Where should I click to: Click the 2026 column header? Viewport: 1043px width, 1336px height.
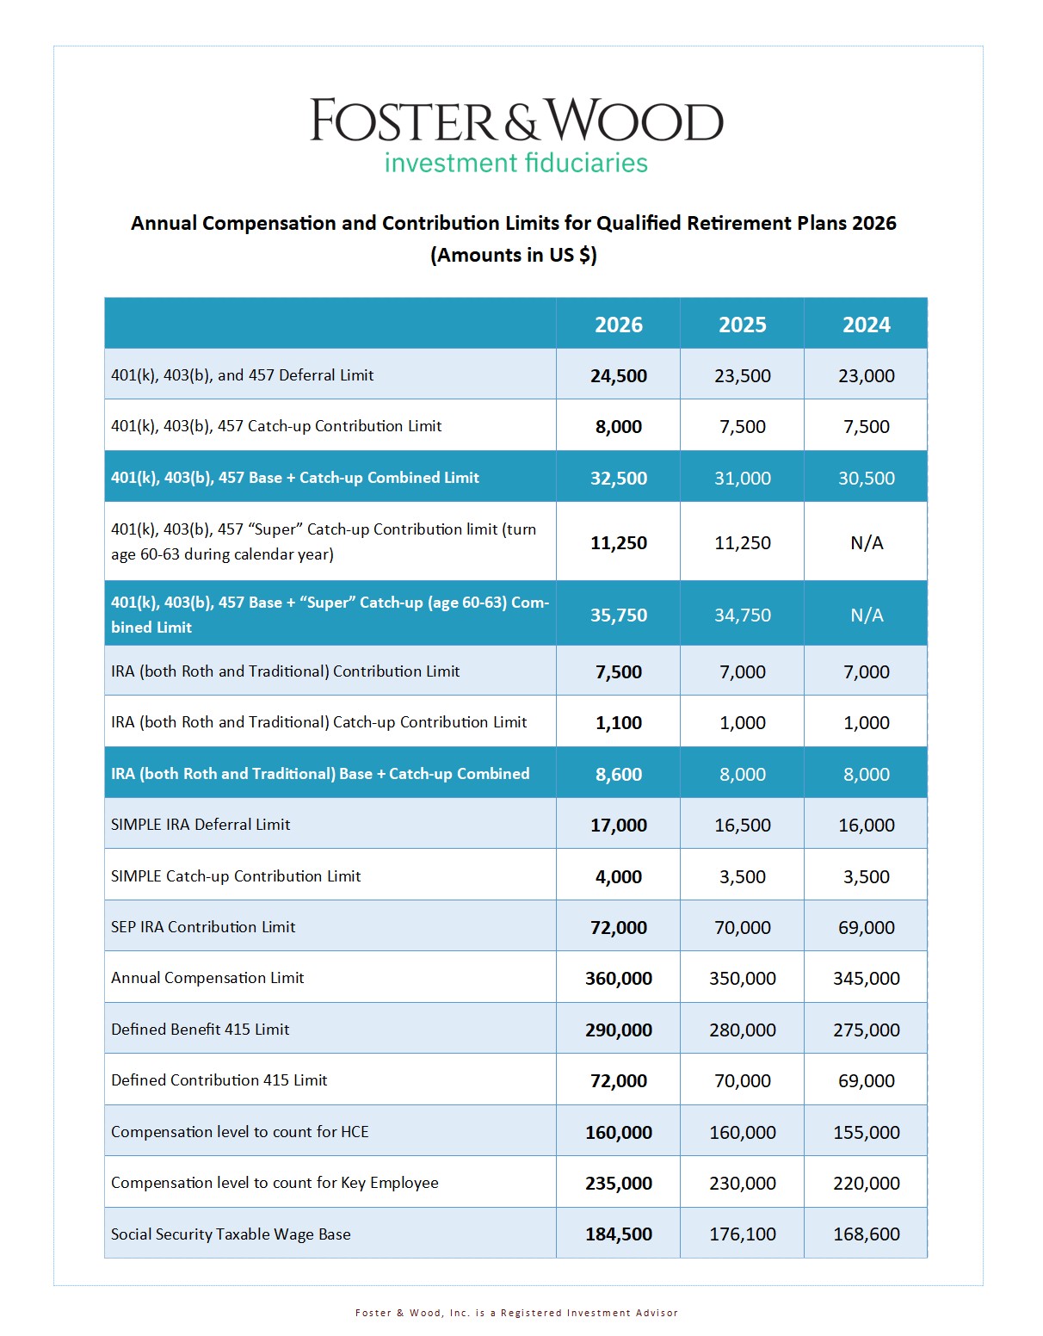coord(618,325)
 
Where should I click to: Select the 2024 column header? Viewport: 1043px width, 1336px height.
coord(866,325)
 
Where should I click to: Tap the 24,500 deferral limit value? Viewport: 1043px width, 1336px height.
coord(618,375)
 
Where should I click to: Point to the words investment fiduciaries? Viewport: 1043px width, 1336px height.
coord(516,164)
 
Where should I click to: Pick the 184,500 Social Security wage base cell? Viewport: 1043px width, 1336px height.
coord(618,1234)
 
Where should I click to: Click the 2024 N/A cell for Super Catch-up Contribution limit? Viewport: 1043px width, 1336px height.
coord(867,543)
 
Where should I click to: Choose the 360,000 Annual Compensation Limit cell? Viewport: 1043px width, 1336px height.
coord(618,978)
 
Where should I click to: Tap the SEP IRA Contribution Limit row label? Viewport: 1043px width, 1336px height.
coord(203,926)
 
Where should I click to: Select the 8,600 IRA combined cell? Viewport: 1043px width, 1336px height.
coord(618,774)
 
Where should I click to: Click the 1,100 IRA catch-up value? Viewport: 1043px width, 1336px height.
coord(618,722)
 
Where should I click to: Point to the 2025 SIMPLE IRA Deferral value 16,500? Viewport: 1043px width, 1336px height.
coord(743,825)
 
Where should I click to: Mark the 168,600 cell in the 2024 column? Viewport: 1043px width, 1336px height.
coord(867,1234)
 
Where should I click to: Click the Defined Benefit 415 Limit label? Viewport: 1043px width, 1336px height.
coord(200,1030)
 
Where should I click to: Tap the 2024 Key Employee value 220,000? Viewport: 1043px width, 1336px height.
coord(867,1183)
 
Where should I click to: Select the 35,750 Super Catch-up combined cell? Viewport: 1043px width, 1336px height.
coord(618,615)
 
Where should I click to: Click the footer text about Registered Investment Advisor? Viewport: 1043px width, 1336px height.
coord(516,1313)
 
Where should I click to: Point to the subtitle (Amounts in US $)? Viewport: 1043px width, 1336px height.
coord(513,255)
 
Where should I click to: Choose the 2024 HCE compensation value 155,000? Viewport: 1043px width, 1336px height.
coord(867,1132)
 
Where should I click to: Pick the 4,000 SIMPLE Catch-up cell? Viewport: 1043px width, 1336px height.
coord(618,876)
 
